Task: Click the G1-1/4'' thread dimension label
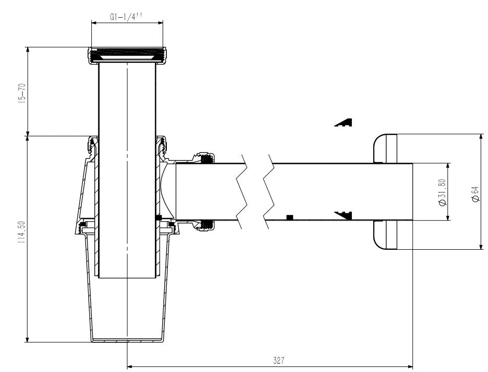(126, 17)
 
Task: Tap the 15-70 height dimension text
(22, 93)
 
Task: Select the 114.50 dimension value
(21, 232)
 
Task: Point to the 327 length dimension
(278, 360)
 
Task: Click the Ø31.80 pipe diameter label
(442, 192)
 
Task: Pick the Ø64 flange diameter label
(475, 195)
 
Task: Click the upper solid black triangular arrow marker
(343, 122)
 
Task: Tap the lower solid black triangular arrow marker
(343, 215)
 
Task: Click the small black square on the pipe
(290, 217)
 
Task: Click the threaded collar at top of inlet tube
(127, 56)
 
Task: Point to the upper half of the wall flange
(385, 149)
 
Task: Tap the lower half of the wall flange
(385, 235)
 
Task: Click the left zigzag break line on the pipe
(242, 191)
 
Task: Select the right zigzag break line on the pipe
(269, 191)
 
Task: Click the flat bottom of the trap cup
(127, 341)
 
